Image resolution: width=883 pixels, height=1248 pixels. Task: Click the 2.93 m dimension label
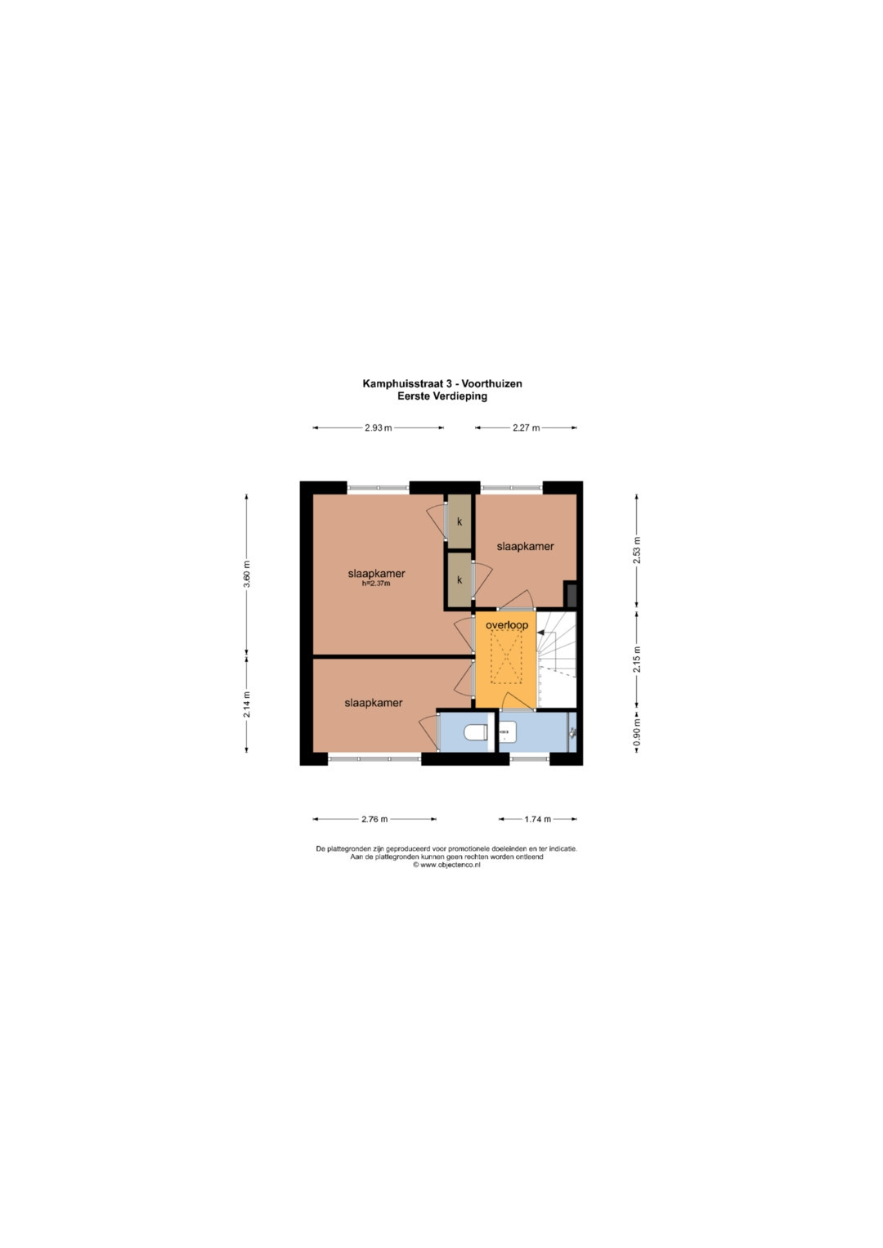(378, 428)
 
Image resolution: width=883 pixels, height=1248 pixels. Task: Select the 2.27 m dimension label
(526, 428)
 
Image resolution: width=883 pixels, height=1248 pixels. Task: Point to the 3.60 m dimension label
(247, 573)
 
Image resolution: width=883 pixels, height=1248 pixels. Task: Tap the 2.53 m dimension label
(637, 551)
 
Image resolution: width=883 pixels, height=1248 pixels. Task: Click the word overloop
(507, 625)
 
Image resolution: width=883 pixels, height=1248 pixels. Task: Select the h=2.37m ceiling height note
(376, 584)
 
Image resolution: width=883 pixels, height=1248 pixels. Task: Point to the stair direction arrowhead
(540, 632)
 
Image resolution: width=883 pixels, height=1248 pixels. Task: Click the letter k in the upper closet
(459, 522)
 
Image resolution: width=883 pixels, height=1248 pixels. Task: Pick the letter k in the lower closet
(459, 580)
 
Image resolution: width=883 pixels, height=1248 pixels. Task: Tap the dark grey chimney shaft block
(571, 594)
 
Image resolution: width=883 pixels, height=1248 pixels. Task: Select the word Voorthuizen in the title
(491, 383)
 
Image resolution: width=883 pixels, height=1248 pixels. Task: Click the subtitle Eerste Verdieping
(442, 396)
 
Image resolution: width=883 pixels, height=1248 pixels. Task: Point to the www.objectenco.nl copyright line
(446, 866)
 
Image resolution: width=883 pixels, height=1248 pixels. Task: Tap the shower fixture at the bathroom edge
(572, 731)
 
